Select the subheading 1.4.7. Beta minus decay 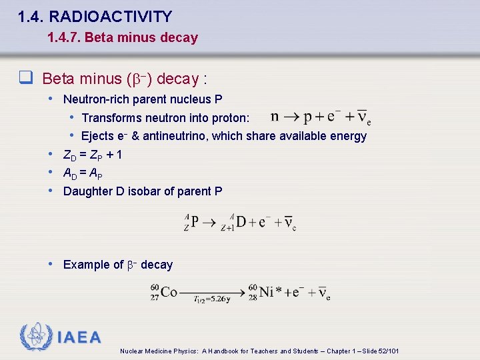tap(123, 37)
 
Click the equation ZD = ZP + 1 tap(92, 155)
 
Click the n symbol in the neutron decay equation tap(275, 117)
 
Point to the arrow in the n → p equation tap(290, 117)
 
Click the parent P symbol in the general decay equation tap(195, 221)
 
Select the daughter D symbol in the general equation tap(241, 221)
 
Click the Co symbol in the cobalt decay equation tap(168, 292)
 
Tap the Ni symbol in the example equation tap(266, 292)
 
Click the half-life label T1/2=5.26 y tap(211, 299)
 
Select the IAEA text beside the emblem tap(79, 337)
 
